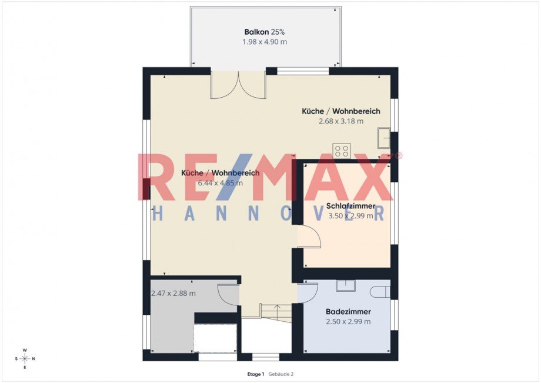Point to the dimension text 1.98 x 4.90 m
pyautogui.click(x=265, y=42)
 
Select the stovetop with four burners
pyautogui.click(x=342, y=151)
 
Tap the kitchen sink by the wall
pyautogui.click(x=383, y=138)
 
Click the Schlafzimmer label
pyautogui.click(x=350, y=206)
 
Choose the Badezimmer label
pyautogui.click(x=349, y=312)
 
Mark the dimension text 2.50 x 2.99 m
pyautogui.click(x=349, y=322)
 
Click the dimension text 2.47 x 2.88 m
pyautogui.click(x=173, y=294)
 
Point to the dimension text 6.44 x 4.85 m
pyautogui.click(x=220, y=183)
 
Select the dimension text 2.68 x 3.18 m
pyautogui.click(x=341, y=121)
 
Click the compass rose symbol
pyautogui.click(x=25, y=359)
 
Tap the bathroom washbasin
pyautogui.click(x=346, y=285)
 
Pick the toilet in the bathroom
pyautogui.click(x=380, y=292)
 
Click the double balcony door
pyautogui.click(x=238, y=85)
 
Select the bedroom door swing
pyautogui.click(x=309, y=237)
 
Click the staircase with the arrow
pyautogui.click(x=276, y=312)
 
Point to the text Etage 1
pyautogui.click(x=256, y=374)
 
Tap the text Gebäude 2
pyautogui.click(x=281, y=374)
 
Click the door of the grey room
pyautogui.click(x=228, y=294)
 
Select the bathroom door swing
pyautogui.click(x=308, y=292)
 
